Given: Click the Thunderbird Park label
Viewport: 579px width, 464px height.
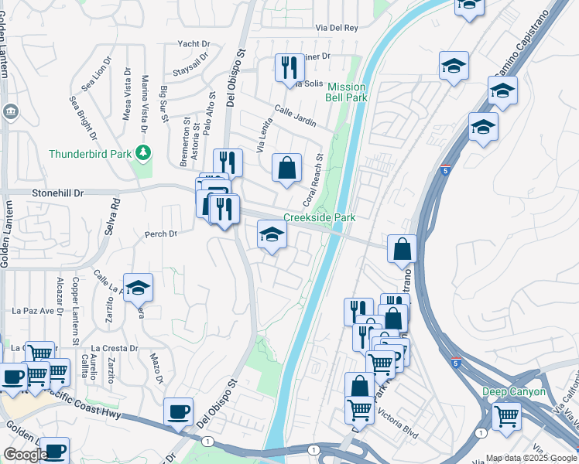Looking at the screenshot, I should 91,153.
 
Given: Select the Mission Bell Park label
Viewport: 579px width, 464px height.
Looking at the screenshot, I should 347,92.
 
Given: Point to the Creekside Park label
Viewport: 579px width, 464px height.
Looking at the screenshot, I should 320,218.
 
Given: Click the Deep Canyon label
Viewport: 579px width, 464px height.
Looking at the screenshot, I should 514,392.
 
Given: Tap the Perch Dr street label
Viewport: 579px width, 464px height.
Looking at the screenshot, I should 161,233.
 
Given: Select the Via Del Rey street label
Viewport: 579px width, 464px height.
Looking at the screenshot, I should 337,28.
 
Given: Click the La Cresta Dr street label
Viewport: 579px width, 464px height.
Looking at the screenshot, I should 114,348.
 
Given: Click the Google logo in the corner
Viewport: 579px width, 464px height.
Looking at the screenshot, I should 25,455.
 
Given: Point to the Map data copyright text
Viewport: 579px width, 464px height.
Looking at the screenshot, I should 530,458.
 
